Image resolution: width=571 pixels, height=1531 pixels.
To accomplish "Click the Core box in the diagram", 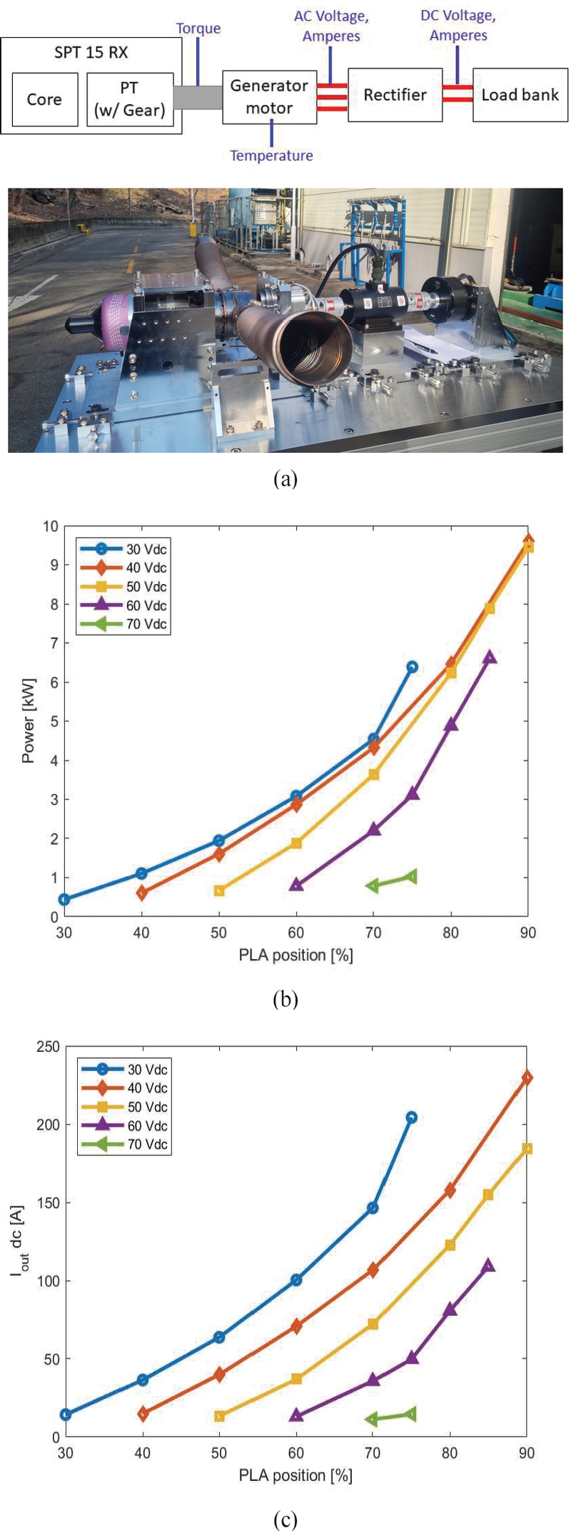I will (x=44, y=100).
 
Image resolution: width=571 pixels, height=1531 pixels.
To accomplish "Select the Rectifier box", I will (x=395, y=95).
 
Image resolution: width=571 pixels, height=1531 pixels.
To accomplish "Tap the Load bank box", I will (x=520, y=95).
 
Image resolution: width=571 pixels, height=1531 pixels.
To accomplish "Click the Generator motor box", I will (x=269, y=97).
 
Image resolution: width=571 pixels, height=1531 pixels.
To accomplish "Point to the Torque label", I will (x=198, y=29).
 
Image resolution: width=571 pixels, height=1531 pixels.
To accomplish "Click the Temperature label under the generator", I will (x=271, y=156).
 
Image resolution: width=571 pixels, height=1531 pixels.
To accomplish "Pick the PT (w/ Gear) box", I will (x=130, y=99).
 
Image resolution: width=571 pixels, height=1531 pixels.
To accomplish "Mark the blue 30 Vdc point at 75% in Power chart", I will (x=412, y=667).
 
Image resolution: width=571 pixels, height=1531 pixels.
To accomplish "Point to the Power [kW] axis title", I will (x=28, y=721).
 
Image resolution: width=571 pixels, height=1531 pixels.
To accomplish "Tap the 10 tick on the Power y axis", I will (x=50, y=526).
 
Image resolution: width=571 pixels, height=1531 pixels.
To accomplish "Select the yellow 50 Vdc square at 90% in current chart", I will (x=527, y=1149).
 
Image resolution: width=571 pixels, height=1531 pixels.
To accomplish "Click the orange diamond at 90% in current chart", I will (x=527, y=1078).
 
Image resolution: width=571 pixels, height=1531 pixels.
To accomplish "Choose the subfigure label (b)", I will (x=285, y=999).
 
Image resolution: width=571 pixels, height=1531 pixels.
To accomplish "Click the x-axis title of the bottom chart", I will (x=295, y=1475).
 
